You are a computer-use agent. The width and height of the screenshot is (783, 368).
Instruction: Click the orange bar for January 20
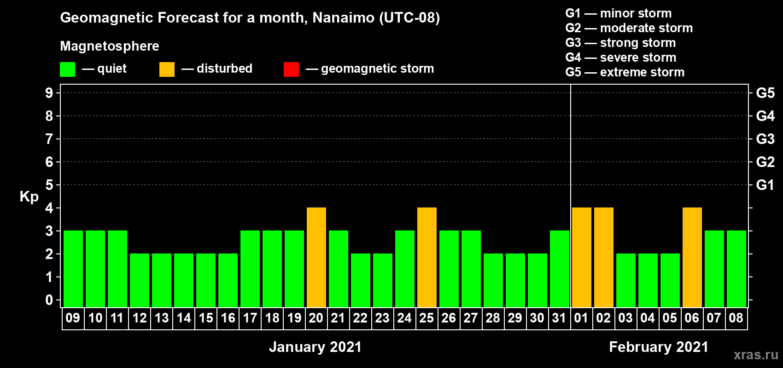[x=316, y=257]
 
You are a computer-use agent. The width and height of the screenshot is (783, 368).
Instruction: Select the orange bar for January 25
[x=427, y=257]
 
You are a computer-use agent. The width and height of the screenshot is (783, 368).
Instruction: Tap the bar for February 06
[x=692, y=257]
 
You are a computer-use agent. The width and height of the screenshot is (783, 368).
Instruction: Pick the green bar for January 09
[x=73, y=269]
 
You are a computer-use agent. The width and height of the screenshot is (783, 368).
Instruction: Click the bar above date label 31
[x=560, y=269]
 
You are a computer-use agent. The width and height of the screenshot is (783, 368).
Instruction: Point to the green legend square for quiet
[x=67, y=69]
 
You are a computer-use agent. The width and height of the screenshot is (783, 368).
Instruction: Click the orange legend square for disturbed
[x=167, y=69]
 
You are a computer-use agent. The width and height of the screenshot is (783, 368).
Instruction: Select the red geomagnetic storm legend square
[x=291, y=69]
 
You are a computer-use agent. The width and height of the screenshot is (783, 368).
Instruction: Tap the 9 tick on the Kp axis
[x=49, y=93]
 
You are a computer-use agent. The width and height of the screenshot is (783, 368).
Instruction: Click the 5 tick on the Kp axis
[x=49, y=185]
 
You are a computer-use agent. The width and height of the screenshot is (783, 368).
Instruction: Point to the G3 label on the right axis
[x=765, y=139]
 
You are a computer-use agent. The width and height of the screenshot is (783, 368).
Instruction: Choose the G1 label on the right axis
[x=765, y=185]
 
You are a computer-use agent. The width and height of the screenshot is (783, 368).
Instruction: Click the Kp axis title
[x=29, y=196]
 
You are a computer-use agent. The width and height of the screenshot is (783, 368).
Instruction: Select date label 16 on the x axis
[x=228, y=318]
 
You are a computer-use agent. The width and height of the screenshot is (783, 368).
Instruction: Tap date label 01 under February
[x=581, y=318]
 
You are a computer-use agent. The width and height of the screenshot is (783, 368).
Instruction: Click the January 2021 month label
[x=316, y=347]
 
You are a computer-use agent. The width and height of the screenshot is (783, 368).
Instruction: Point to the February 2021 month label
[x=659, y=347]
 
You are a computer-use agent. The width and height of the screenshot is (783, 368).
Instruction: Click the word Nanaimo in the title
[x=343, y=17]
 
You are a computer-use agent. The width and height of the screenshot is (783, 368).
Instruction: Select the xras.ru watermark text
[x=756, y=355]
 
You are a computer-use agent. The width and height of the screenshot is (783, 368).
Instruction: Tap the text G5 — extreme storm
[x=625, y=72]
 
